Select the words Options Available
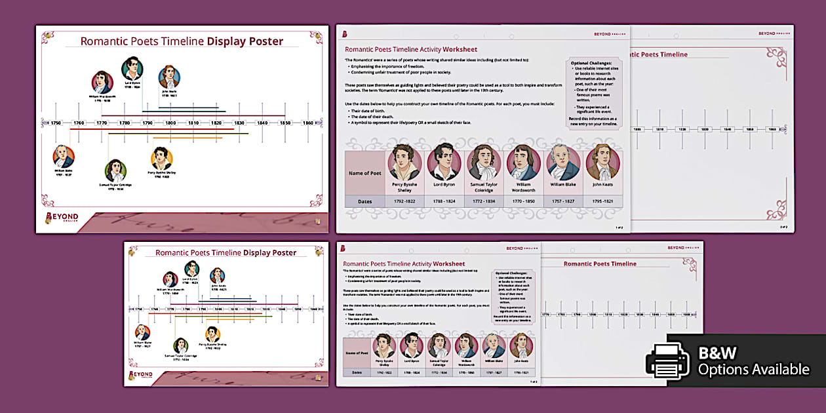click(753, 370)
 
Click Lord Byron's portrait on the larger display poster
click(132, 68)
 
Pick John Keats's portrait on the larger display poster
click(169, 77)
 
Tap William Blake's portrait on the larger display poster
click(64, 156)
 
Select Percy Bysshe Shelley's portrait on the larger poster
click(161, 158)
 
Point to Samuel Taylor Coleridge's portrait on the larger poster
click(115, 170)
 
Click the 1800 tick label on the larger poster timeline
click(170, 123)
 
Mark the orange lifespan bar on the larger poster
click(174, 138)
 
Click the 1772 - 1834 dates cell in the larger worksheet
click(484, 201)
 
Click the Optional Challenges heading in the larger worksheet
click(591, 63)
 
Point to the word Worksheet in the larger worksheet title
click(460, 49)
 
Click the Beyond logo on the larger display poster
click(62, 218)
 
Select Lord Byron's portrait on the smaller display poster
click(191, 269)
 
